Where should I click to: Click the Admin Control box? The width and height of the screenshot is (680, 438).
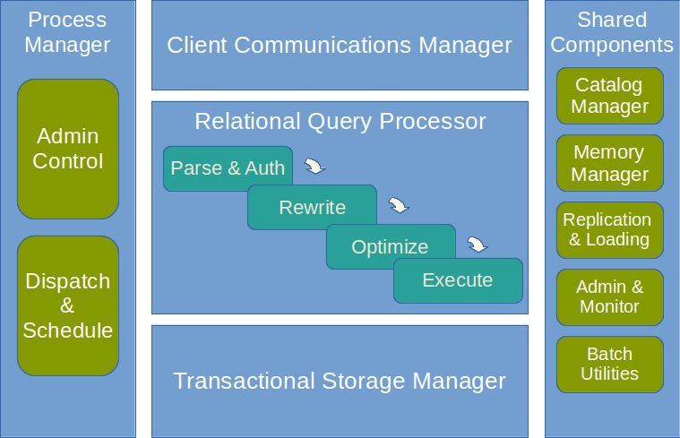coord(68,149)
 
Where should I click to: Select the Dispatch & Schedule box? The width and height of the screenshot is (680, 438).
coord(68,305)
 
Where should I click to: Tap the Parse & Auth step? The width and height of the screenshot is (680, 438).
coord(228,167)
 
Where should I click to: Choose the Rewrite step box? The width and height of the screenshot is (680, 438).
coord(312,207)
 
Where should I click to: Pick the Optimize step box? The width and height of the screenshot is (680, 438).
coord(390,246)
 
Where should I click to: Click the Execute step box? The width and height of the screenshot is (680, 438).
coord(458,280)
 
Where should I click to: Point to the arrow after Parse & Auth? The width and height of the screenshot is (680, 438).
coord(314,167)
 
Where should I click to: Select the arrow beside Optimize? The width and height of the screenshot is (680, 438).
coord(478,245)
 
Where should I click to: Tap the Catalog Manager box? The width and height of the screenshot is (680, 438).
coord(610,96)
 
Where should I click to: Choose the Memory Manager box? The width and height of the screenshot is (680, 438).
coord(610,163)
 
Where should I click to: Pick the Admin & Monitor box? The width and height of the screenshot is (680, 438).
coord(610,296)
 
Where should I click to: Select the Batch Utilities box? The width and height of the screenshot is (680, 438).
coord(610,364)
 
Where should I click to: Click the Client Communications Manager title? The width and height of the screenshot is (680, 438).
coord(340,45)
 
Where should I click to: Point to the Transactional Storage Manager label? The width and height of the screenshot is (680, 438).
coord(340,381)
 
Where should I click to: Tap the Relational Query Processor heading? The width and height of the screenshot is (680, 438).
coord(340,121)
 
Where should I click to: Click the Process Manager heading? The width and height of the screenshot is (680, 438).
coord(67,31)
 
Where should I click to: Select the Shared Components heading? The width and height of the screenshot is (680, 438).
coord(612,31)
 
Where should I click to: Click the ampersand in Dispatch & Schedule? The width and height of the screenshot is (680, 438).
coord(68,305)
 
